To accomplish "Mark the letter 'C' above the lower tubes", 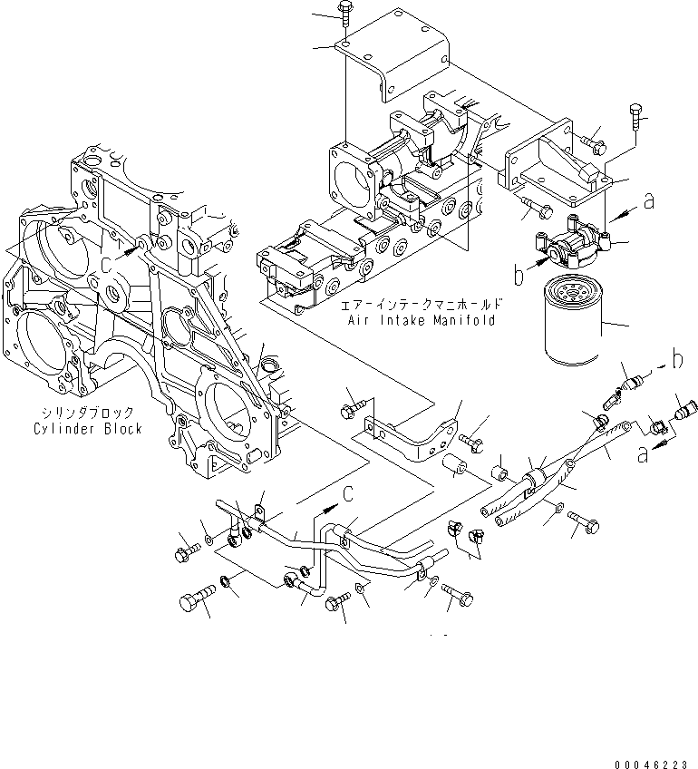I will coord(348,492).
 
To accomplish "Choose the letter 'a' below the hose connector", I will coord(644,455).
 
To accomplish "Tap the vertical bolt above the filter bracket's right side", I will coord(634,118).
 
